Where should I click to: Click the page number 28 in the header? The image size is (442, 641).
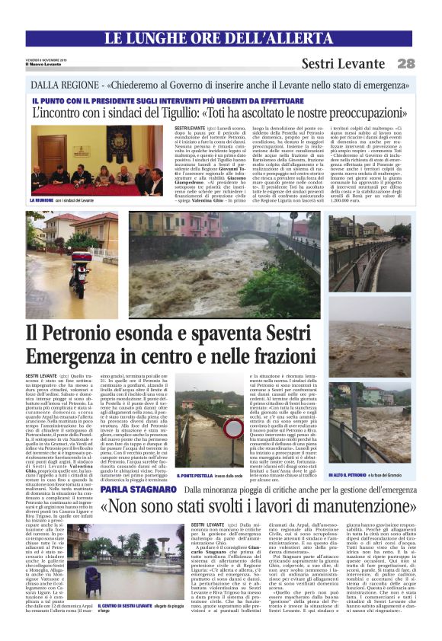click(x=405, y=63)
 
